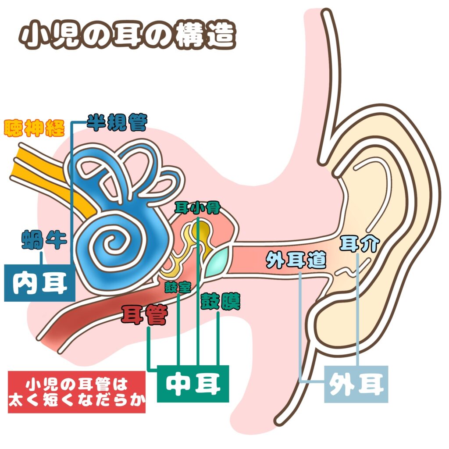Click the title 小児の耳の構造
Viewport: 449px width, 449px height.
point(128,36)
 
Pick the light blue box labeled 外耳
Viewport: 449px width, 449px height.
point(356,385)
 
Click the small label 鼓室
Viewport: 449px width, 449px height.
point(178,287)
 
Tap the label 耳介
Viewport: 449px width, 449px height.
point(359,244)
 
